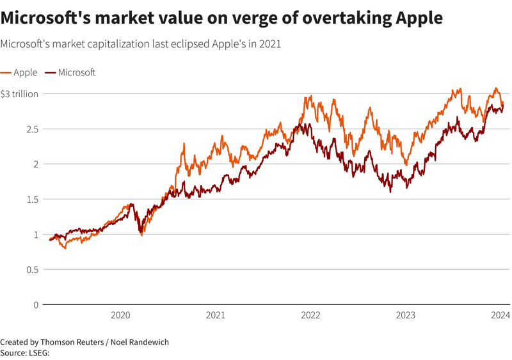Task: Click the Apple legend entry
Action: pos(25,72)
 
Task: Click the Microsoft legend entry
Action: pos(76,72)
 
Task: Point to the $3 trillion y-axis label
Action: pos(19,94)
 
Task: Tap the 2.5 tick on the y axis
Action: pos(32,129)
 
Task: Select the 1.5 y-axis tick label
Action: pos(32,200)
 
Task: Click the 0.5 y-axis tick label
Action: pos(32,270)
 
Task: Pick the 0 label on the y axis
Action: pos(36,305)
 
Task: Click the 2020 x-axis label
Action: pos(120,315)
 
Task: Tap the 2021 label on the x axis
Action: pos(216,315)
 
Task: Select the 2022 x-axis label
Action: pos(310,315)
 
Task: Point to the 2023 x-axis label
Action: pos(406,315)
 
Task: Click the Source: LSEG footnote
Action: pos(25,352)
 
